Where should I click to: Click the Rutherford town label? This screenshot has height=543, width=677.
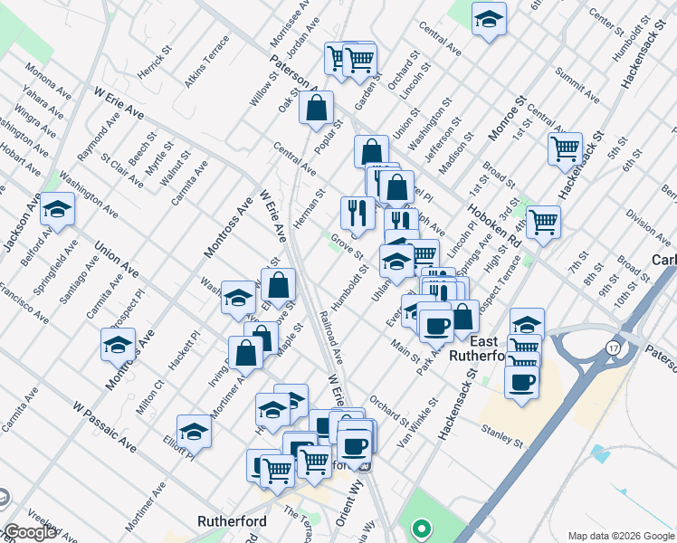click(x=230, y=521)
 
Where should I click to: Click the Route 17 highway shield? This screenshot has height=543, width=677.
click(x=614, y=348)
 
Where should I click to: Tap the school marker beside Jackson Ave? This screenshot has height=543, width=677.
click(x=57, y=211)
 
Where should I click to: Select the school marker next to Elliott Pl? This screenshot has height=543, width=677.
click(x=195, y=433)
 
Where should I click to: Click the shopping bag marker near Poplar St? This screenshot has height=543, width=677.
click(x=316, y=110)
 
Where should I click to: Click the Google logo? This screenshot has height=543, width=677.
click(x=29, y=533)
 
